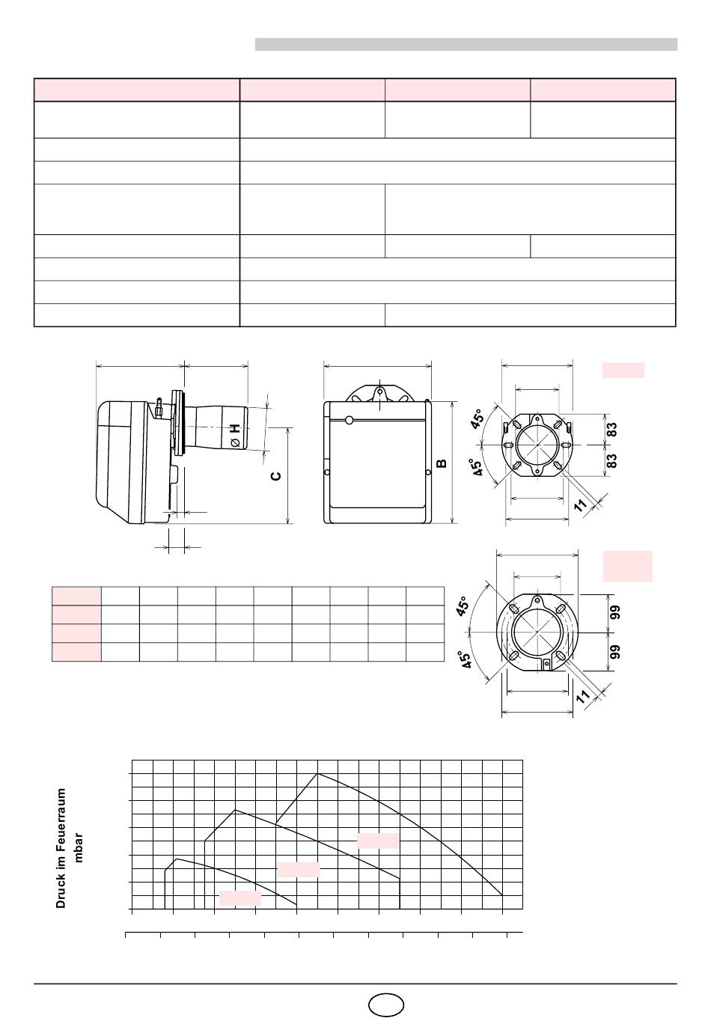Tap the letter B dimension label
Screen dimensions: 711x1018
(442, 463)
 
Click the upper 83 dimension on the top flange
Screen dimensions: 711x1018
(612, 430)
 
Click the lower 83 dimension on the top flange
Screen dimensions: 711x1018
(612, 460)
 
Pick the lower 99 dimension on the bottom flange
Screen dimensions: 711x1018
(615, 650)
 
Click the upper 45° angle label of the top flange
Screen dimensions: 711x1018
(477, 418)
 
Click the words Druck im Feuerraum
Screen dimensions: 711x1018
(61, 847)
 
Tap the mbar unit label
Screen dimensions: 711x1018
(79, 847)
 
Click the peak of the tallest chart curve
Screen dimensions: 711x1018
(318, 774)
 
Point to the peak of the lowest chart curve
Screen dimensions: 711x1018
(177, 859)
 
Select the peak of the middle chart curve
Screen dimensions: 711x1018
(235, 810)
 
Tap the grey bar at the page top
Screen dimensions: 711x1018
(466, 45)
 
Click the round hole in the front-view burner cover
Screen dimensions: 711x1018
(349, 420)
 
